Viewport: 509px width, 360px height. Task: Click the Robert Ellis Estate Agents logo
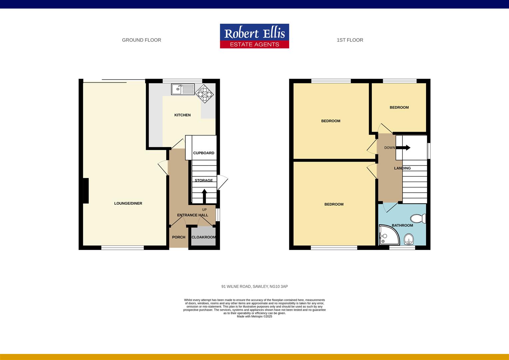click(x=254, y=36)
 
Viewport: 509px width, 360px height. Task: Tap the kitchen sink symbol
click(x=183, y=89)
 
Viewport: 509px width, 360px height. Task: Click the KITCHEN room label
click(x=183, y=115)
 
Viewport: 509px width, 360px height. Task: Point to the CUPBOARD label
click(x=204, y=153)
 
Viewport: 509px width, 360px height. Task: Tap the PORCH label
click(x=179, y=237)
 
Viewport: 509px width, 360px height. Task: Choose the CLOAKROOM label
click(x=204, y=237)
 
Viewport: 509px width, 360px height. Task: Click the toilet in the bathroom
click(x=418, y=219)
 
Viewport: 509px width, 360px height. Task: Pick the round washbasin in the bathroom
click(x=408, y=239)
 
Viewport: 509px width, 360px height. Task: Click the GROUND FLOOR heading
click(x=142, y=40)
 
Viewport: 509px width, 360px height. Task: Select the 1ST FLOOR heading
click(x=350, y=40)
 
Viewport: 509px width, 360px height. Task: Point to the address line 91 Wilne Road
click(x=254, y=286)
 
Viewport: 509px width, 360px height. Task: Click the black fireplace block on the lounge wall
click(x=86, y=191)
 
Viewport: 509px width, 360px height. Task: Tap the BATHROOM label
click(x=402, y=225)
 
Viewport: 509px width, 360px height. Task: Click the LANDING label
click(x=402, y=168)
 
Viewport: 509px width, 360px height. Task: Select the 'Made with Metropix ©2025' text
click(x=254, y=317)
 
